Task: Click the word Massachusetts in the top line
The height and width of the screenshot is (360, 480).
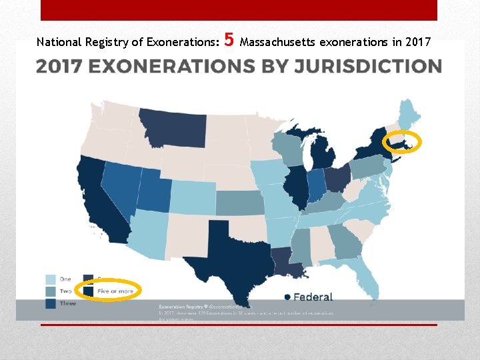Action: pos(278,43)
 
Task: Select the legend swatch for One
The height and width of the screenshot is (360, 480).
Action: pos(51,280)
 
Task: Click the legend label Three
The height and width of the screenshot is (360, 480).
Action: pos(68,303)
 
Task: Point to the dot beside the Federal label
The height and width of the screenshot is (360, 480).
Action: pos(287,297)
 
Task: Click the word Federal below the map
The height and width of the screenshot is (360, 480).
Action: pos(313,297)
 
